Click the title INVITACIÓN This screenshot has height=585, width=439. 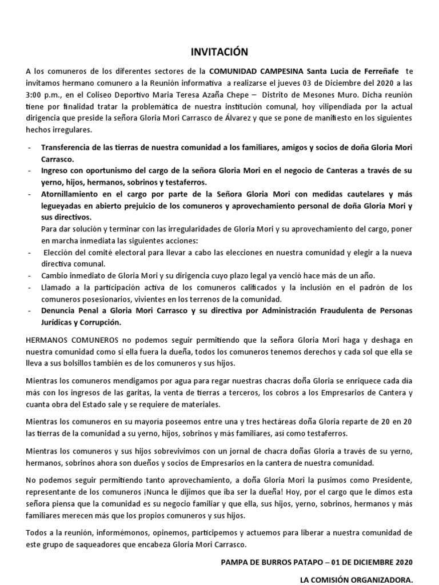point(219,53)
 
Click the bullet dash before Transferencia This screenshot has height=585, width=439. point(29,148)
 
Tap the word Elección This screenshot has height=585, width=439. point(60,253)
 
